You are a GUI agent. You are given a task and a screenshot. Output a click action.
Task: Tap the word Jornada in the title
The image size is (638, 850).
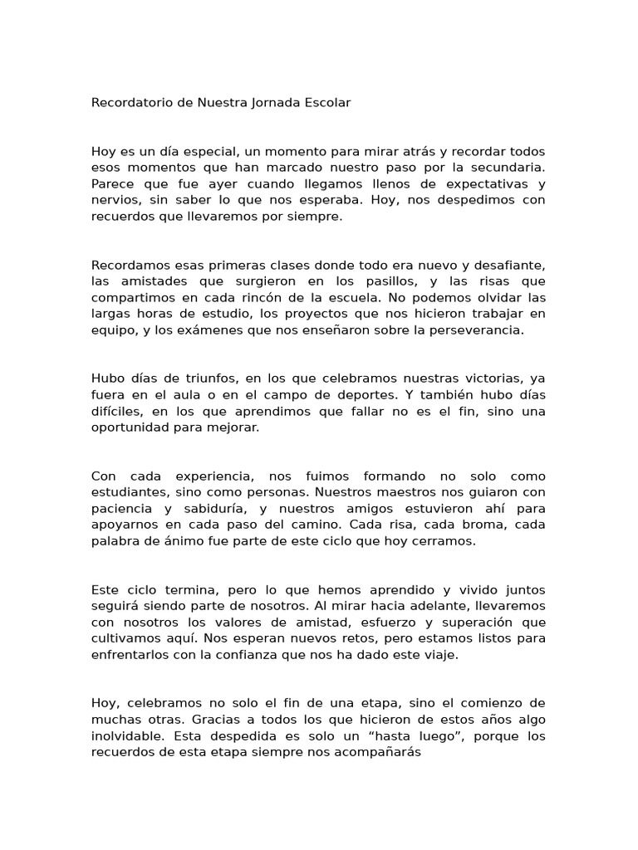pos(280,103)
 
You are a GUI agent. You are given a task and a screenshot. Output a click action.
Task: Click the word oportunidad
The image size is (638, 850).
pos(131,427)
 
